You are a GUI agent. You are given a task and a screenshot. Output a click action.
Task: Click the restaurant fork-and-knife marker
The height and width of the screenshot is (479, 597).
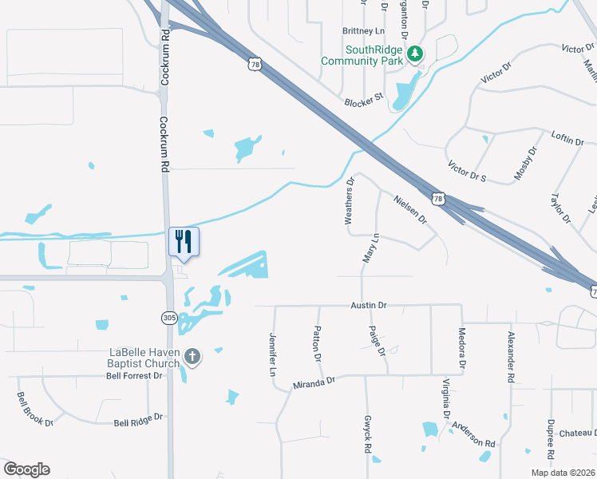[184, 241]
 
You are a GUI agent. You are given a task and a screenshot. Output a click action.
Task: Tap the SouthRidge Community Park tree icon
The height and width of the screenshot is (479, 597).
[414, 54]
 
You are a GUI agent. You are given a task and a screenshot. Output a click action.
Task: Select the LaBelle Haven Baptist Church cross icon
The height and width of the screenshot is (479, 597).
[192, 355]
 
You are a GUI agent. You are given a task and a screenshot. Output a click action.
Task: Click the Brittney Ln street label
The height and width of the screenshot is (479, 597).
[364, 31]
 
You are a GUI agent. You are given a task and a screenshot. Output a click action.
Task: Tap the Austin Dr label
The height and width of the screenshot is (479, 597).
[369, 305]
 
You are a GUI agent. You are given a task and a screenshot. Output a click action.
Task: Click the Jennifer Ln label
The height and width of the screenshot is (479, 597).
[273, 355]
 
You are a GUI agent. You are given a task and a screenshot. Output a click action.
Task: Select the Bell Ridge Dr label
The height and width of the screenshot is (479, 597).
[138, 418]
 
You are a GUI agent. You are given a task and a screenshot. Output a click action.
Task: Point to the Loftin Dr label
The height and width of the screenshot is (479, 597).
[567, 138]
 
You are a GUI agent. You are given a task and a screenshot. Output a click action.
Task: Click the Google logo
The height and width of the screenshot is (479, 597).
[26, 469]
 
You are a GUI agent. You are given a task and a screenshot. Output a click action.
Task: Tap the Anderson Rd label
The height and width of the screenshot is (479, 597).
[473, 435]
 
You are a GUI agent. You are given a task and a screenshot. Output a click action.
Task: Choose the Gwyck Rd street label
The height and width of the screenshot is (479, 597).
[369, 434]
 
